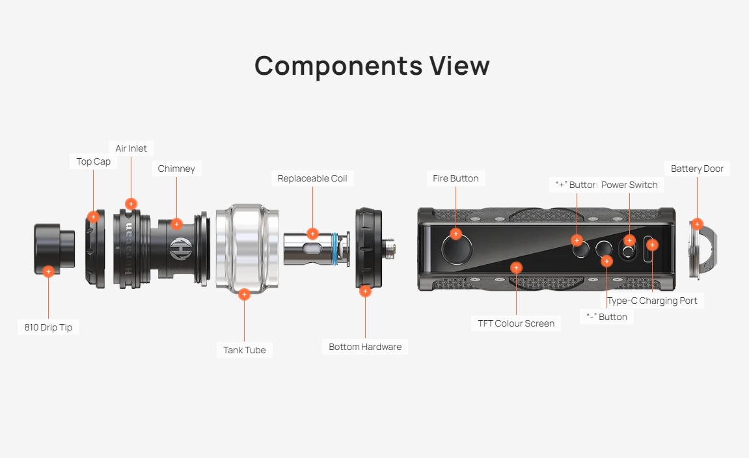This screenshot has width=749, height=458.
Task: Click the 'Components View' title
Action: pyautogui.click(x=372, y=66)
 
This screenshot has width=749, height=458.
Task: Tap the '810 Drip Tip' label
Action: pyautogui.click(x=48, y=327)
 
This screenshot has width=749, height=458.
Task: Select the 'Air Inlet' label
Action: pyautogui.click(x=131, y=148)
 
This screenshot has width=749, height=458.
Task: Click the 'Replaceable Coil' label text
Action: pyautogui.click(x=312, y=178)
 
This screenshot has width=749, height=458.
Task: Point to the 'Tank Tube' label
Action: pyautogui.click(x=244, y=350)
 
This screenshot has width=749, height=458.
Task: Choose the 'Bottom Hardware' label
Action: pyautogui.click(x=365, y=347)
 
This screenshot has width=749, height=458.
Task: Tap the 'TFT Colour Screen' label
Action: pyautogui.click(x=516, y=323)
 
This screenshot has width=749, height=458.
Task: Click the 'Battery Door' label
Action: pyautogui.click(x=697, y=168)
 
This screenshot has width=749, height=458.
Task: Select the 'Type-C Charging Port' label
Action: pyautogui.click(x=652, y=301)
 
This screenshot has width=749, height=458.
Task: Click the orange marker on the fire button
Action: pyautogui.click(x=456, y=234)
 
